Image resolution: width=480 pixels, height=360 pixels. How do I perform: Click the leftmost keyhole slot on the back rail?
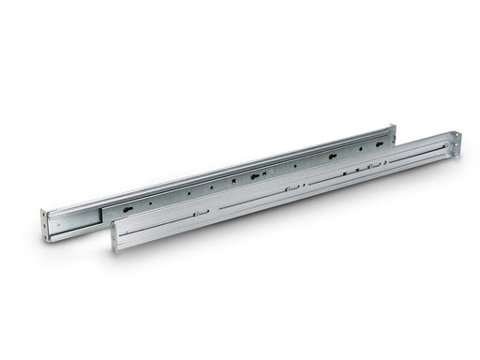coord(150,200)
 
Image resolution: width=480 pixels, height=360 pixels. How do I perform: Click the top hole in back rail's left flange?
coord(45,214)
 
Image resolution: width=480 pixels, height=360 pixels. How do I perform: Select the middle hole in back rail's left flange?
coord(45,223)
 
